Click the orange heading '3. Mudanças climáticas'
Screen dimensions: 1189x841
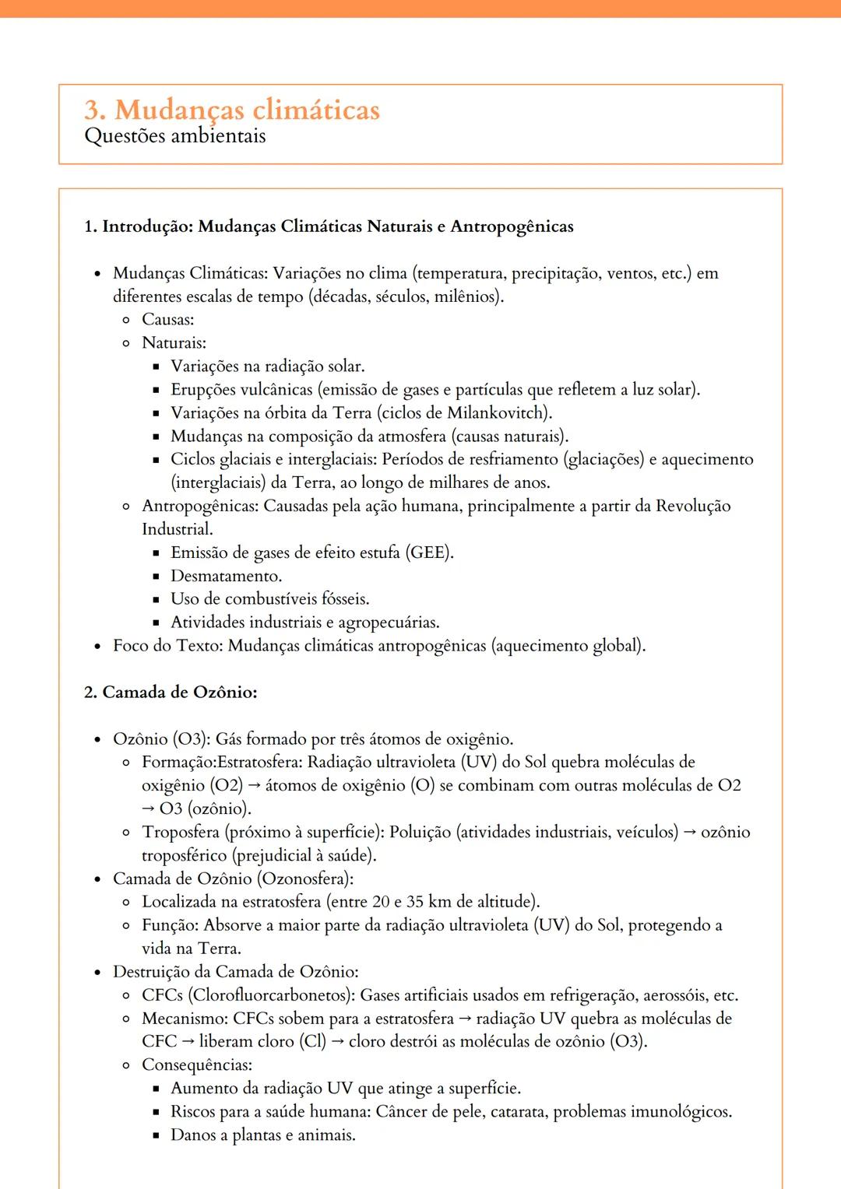coord(232,110)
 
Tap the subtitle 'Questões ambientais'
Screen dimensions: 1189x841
coord(174,136)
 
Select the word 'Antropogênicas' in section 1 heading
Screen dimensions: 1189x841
coord(512,226)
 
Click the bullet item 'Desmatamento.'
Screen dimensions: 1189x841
coord(226,576)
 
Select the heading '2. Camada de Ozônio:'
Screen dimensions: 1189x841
coord(171,692)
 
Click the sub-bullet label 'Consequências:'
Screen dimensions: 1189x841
coord(196,1064)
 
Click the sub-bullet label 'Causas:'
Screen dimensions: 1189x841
coord(167,320)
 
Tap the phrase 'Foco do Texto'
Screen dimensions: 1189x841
coord(165,646)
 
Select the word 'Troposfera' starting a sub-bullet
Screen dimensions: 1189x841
coord(180,832)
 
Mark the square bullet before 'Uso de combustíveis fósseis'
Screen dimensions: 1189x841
coord(156,599)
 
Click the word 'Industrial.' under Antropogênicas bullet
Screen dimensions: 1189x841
coord(177,529)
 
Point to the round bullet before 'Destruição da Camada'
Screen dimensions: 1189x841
coord(97,972)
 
